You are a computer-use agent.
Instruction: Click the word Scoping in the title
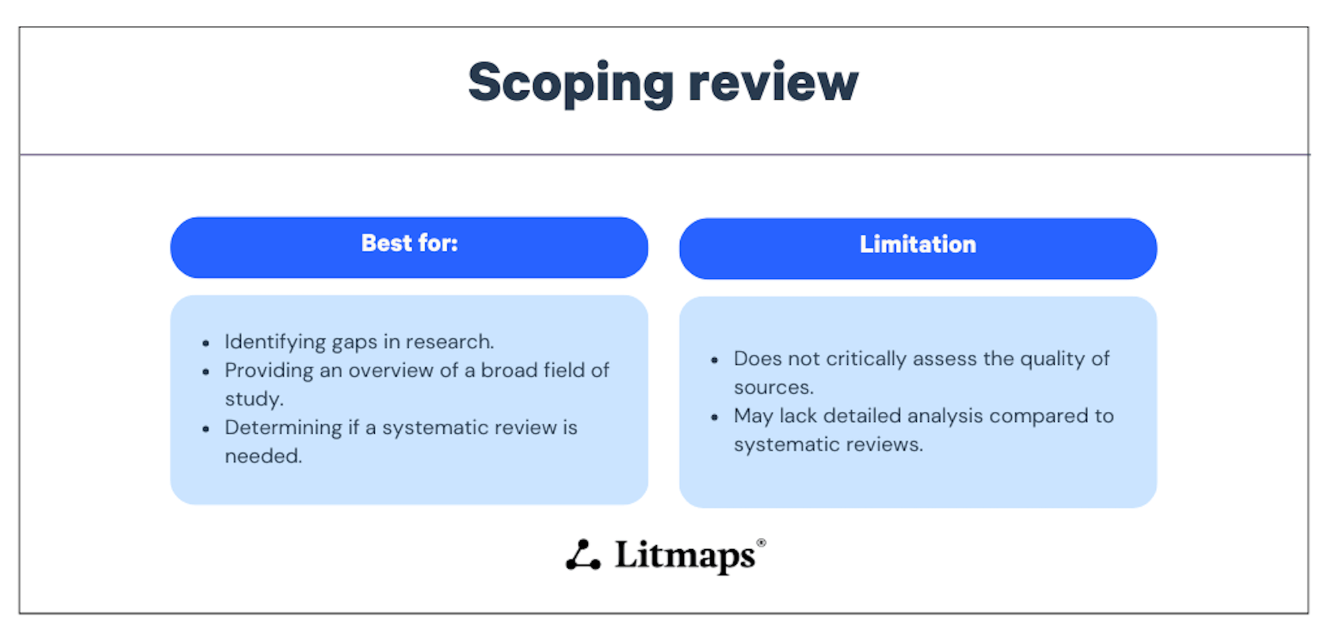click(571, 84)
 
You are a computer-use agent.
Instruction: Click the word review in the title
click(773, 84)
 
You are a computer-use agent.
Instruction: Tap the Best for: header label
click(409, 243)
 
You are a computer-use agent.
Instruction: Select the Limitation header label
click(918, 245)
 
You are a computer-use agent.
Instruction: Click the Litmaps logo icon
click(583, 555)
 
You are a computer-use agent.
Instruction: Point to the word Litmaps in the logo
click(685, 556)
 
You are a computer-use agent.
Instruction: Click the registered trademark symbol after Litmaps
click(761, 542)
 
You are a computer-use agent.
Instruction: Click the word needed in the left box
click(263, 456)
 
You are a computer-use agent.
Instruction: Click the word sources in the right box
click(773, 388)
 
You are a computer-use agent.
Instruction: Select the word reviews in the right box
click(884, 444)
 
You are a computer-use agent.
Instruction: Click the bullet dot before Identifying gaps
click(206, 344)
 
